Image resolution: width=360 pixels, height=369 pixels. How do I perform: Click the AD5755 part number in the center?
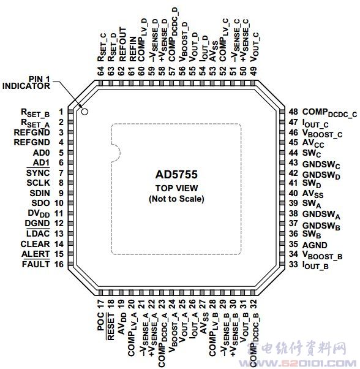pos(176,175)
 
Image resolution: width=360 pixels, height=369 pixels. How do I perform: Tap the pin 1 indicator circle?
pos(84,112)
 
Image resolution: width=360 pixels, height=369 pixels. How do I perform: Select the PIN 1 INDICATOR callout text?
pos(26,83)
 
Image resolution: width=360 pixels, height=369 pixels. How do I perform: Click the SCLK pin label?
pos(38,183)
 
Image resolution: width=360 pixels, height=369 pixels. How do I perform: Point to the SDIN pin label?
pos(40,193)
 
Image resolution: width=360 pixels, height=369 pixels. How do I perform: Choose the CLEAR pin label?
pos(36,244)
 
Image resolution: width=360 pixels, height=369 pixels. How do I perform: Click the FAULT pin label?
pos(36,264)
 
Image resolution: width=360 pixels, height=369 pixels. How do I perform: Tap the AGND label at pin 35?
pos(315,245)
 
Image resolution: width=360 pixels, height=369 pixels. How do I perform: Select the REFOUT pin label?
pos(122,45)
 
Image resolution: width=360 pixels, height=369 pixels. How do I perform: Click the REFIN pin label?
pos(133,49)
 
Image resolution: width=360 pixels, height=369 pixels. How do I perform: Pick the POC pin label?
pos(100,321)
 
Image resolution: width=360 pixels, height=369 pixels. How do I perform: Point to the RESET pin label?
pos(111,327)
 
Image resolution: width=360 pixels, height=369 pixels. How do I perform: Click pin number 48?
pos(293,112)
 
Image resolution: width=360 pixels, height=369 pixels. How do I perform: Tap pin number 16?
pos(59,264)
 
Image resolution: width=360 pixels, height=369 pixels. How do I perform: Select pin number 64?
pos(100,71)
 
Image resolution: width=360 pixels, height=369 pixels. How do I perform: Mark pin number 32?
pos(253,303)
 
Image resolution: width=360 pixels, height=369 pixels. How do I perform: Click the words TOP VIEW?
pos(176,188)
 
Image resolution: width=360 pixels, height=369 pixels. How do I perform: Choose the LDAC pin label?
pos(38,234)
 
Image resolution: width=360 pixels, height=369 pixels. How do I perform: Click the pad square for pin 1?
pos(70,112)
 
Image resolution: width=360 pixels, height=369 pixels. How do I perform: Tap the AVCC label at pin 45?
pos(313,143)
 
